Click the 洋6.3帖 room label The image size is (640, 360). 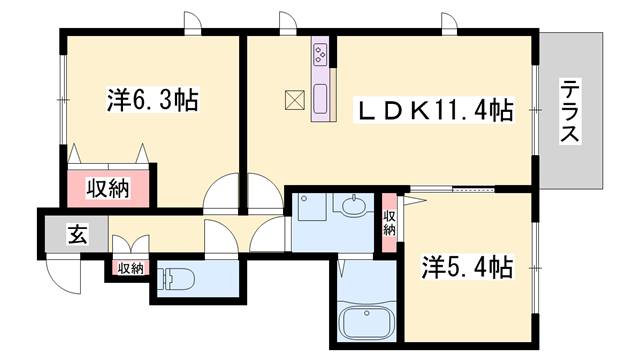tap(152, 100)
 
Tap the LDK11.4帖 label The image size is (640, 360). tap(436, 110)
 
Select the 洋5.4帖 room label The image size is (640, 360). tap(467, 267)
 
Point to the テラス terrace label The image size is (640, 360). tap(570, 111)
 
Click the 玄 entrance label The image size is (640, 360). tap(77, 236)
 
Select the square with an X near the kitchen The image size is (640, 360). tap(295, 100)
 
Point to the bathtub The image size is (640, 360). tap(368, 322)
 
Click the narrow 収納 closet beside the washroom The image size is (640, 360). tap(390, 222)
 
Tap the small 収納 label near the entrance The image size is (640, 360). tap(130, 268)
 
